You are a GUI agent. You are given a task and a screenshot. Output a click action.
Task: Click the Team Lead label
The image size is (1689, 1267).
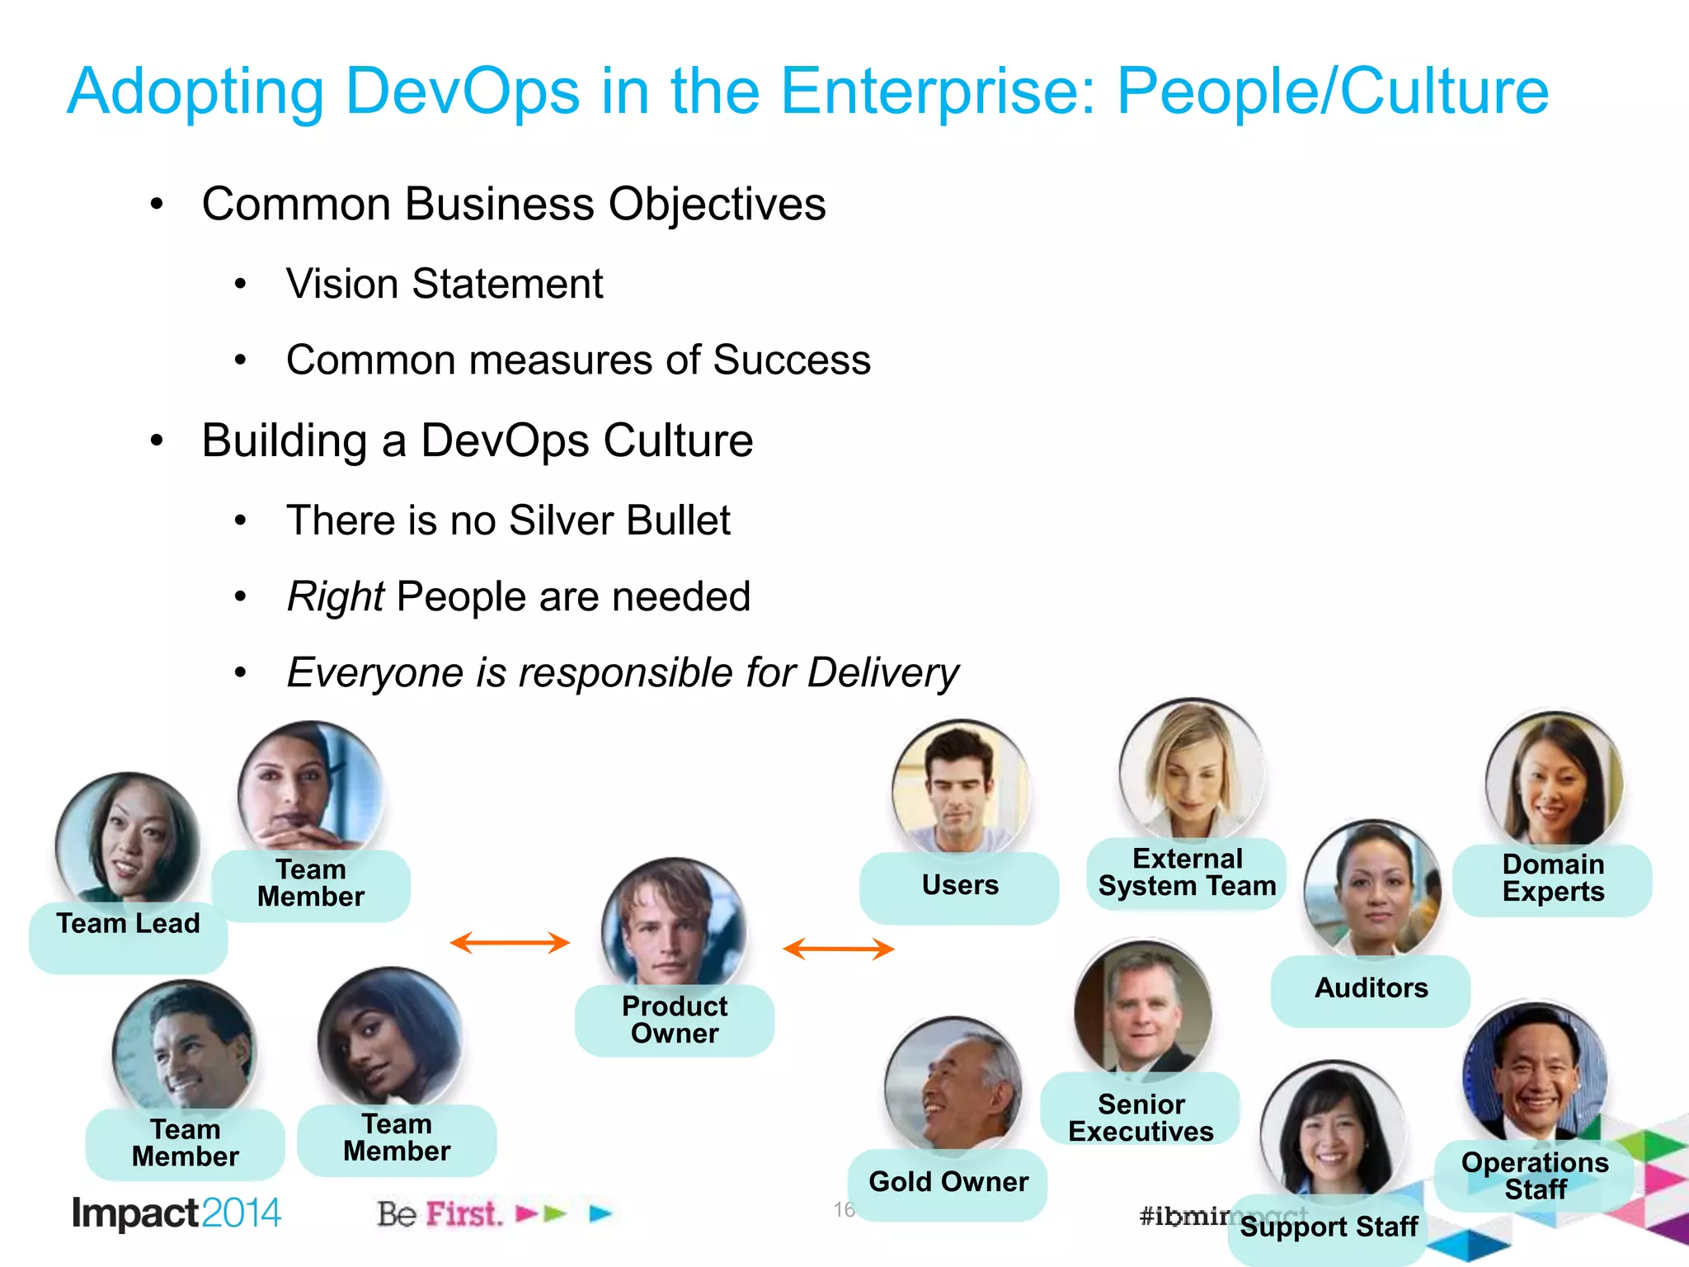pyautogui.click(x=128, y=924)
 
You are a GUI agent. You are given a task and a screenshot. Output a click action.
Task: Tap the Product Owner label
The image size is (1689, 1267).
pyautogui.click(x=675, y=1020)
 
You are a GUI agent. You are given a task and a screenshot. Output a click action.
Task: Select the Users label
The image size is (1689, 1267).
pyautogui.click(x=960, y=885)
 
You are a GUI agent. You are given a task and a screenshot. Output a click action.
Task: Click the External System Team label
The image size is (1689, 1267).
pyautogui.click(x=1187, y=873)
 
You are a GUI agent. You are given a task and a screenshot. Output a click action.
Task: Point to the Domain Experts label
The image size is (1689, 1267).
pyautogui.click(x=1553, y=878)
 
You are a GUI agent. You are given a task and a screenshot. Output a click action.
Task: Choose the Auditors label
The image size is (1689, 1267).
pyautogui.click(x=1371, y=988)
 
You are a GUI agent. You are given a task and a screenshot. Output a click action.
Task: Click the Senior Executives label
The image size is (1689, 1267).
pyautogui.click(x=1141, y=1118)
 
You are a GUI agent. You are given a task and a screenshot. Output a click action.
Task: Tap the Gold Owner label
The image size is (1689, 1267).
pyautogui.click(x=948, y=1182)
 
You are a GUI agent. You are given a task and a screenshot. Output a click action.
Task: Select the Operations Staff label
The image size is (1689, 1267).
pyautogui.click(x=1535, y=1176)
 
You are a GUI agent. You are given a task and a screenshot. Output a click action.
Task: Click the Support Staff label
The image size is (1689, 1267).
pyautogui.click(x=1329, y=1227)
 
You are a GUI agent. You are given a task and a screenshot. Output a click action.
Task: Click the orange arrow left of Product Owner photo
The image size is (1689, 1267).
pyautogui.click(x=510, y=943)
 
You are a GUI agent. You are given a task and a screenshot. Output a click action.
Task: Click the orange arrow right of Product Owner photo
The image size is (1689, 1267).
pyautogui.click(x=838, y=949)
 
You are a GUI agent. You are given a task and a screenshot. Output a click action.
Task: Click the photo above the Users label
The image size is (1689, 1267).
pyautogui.click(x=961, y=786)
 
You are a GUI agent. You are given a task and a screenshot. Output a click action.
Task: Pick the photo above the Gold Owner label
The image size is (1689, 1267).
pyautogui.click(x=953, y=1085)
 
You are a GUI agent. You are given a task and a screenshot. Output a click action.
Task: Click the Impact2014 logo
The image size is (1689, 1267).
pyautogui.click(x=176, y=1213)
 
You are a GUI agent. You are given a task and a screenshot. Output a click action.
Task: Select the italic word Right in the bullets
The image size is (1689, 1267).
pyautogui.click(x=335, y=596)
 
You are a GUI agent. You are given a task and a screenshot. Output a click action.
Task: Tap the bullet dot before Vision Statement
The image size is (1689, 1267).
pyautogui.click(x=240, y=285)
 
